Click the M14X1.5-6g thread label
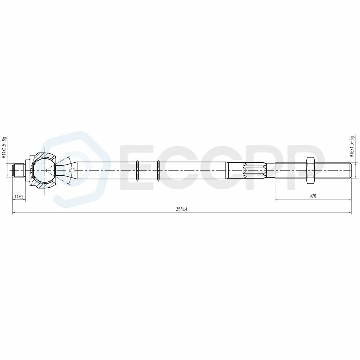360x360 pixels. [x=4, y=148]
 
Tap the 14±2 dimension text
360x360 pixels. [x=19, y=197]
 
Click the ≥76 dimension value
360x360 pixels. [x=312, y=196]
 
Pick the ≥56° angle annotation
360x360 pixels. [x=72, y=170]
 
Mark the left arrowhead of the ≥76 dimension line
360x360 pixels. [x=276, y=199]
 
